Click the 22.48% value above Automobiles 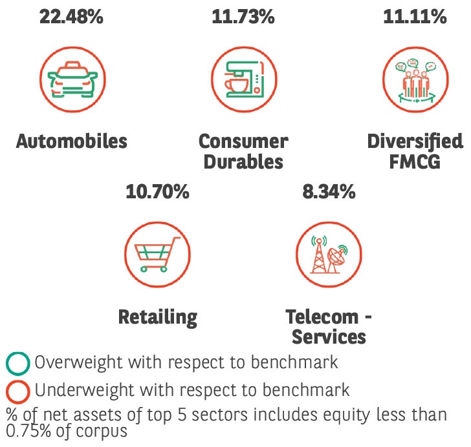[71, 17]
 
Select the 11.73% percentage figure [243, 17]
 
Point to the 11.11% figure [415, 17]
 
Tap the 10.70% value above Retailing [157, 192]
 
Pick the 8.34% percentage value [329, 192]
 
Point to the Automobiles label [72, 141]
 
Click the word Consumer [243, 141]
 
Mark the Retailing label [157, 317]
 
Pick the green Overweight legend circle [17, 364]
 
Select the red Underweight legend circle [17, 391]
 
